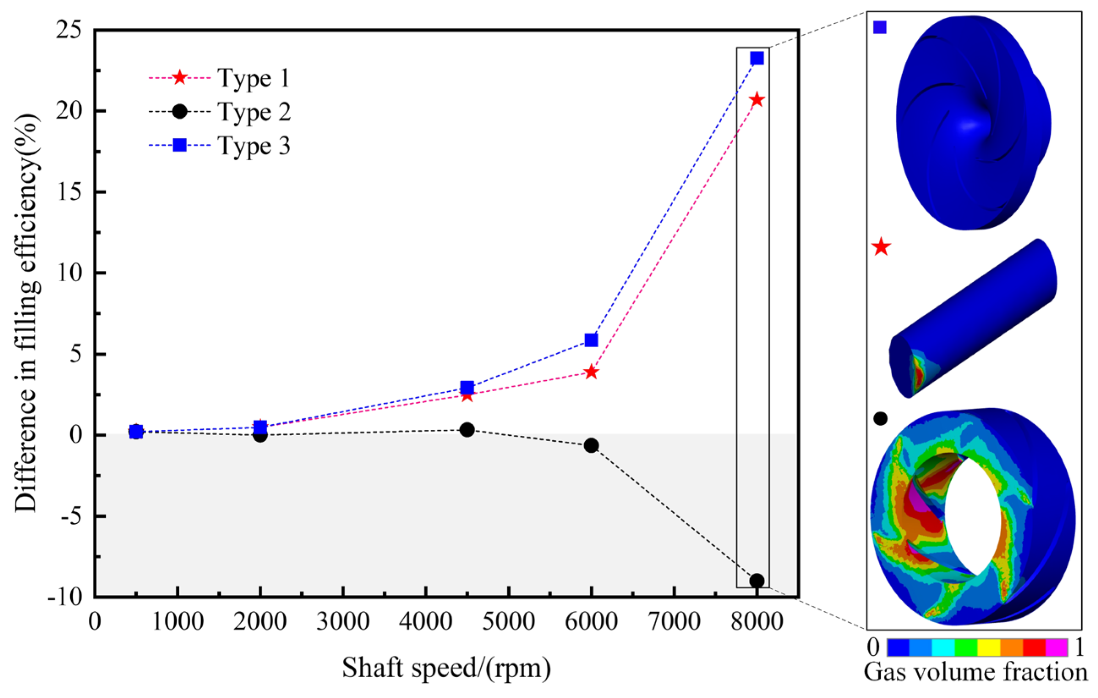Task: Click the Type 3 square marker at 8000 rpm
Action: (x=757, y=58)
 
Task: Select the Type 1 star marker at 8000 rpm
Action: (x=757, y=99)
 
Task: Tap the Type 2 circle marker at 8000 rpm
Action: (x=757, y=581)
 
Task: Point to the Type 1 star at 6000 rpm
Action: (x=591, y=372)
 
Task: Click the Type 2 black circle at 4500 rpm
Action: (x=467, y=429)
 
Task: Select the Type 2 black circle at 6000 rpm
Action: (x=591, y=445)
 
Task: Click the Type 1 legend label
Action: (x=254, y=78)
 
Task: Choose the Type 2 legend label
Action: (x=254, y=112)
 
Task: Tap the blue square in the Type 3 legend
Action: (x=180, y=146)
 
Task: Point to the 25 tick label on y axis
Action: (x=69, y=31)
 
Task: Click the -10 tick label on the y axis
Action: (x=65, y=597)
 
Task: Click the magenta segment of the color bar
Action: (x=1057, y=647)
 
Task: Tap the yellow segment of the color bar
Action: (x=989, y=647)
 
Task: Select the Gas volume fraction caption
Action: (x=976, y=673)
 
